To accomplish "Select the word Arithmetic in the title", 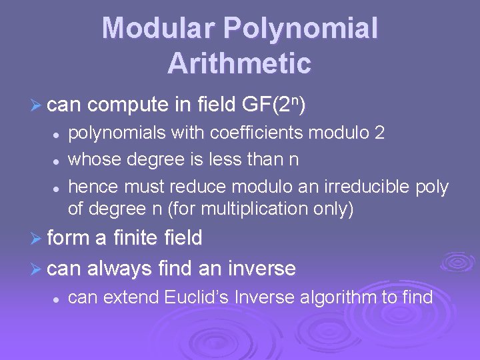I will [x=239, y=63].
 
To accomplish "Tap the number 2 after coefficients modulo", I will [x=379, y=133].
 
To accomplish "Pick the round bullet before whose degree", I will [x=58, y=160].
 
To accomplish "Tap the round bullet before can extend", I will [x=58, y=297].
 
